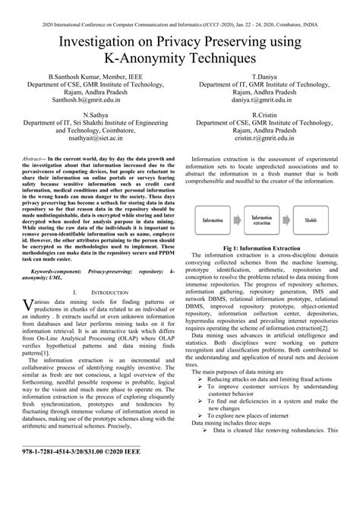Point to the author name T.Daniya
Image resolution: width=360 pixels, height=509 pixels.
(263, 78)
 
